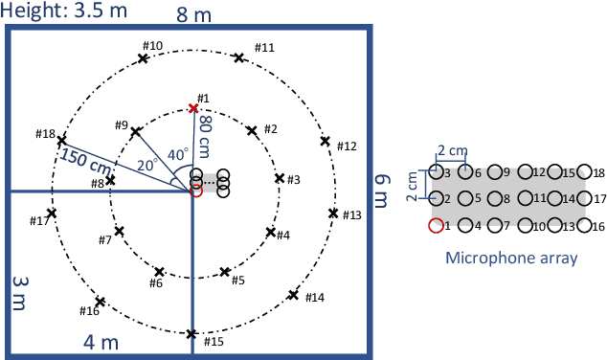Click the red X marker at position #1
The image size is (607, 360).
click(193, 109)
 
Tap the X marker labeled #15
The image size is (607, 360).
click(192, 334)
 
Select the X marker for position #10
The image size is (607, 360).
click(143, 58)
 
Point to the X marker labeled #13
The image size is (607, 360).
click(333, 213)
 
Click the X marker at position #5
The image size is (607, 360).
click(225, 272)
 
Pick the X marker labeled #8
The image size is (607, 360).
click(111, 179)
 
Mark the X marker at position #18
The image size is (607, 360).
click(62, 139)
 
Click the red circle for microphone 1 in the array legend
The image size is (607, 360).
click(437, 226)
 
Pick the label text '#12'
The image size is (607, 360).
click(347, 146)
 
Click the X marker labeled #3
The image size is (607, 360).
click(280, 178)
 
